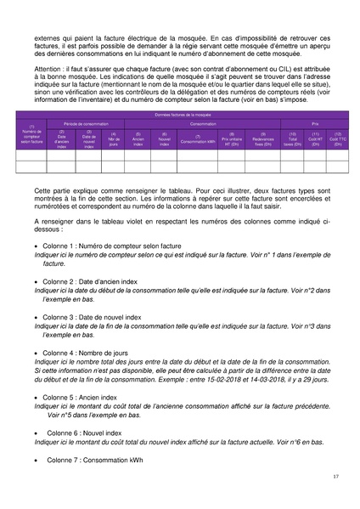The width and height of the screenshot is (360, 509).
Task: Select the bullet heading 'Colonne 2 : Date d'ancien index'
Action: pos(93,280)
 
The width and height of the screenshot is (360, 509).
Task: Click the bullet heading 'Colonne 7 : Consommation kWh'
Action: pos(94,460)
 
